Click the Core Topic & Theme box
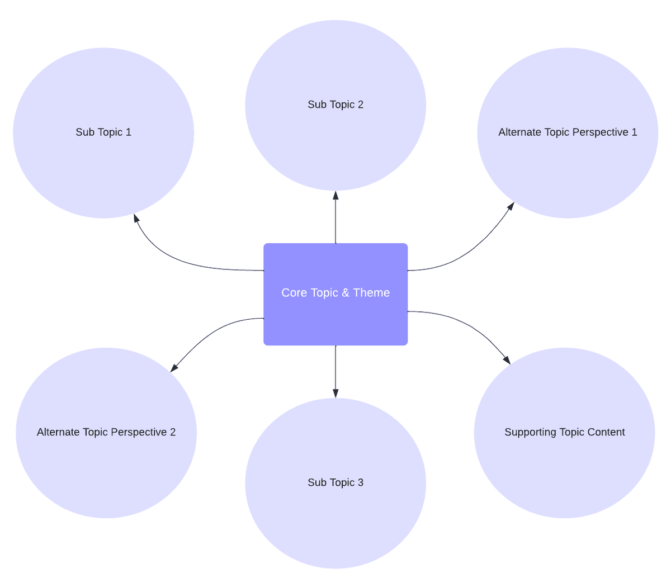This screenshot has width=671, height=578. coord(335,294)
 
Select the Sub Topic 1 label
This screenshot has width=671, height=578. coord(103,132)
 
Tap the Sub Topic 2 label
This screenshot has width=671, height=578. coord(335,105)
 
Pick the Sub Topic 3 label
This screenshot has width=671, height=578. coord(335,482)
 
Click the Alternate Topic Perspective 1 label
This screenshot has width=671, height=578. coord(568,132)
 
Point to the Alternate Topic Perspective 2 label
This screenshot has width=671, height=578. coord(106,432)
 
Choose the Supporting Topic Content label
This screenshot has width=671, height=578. coord(565,432)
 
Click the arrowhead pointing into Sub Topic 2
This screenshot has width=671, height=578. coord(335,195)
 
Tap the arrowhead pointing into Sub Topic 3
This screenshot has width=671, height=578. coord(335,394)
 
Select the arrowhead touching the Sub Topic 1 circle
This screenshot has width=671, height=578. coord(136,218)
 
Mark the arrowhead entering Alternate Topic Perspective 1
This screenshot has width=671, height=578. coord(511,206)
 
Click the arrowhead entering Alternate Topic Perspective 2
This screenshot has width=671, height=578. coord(174,368)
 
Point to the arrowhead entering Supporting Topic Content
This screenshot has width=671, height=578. coord(507,360)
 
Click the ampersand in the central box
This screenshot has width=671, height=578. coord(346,293)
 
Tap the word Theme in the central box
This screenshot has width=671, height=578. coord(371,293)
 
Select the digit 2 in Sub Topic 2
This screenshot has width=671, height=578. coord(361,105)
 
